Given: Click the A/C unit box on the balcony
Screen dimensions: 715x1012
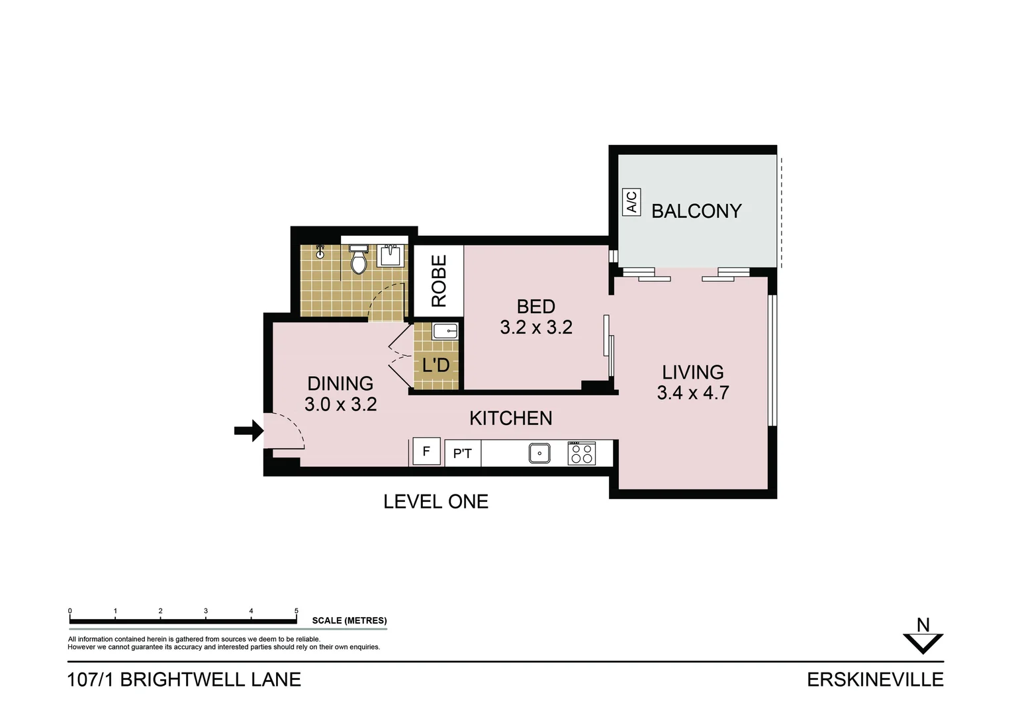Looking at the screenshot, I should [631, 202].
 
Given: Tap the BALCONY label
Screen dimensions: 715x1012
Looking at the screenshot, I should [696, 211].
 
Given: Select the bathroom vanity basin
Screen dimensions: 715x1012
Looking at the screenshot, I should [391, 255].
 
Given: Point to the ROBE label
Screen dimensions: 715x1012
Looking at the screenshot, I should [439, 281].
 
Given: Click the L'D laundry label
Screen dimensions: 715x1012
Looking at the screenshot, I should [436, 365].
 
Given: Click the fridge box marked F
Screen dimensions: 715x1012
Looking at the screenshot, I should [426, 452].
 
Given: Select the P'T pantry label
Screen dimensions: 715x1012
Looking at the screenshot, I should [462, 453].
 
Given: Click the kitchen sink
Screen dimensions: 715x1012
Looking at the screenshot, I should [539, 453].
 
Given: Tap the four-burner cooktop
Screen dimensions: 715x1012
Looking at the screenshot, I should [581, 453].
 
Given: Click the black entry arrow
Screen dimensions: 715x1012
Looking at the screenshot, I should [248, 431].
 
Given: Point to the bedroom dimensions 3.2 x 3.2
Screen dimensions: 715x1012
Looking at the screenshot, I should [535, 327].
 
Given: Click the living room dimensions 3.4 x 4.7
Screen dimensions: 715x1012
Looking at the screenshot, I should [692, 393].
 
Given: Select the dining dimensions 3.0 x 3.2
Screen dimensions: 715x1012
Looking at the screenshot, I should [340, 404].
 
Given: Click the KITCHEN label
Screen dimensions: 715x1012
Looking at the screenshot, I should [510, 418].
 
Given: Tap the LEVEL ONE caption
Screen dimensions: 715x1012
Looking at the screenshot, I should [436, 502].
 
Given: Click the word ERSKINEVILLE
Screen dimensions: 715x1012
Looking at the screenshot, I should [874, 680].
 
